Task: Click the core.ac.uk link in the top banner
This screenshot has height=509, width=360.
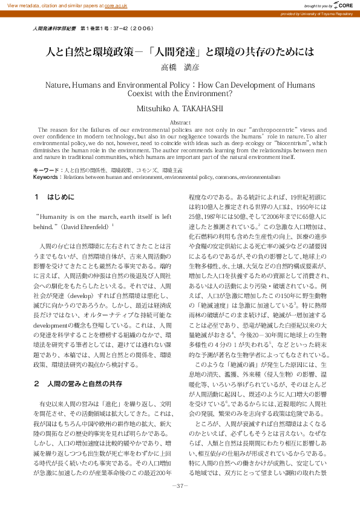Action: [116, 5]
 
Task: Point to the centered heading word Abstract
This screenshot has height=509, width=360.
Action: [180, 122]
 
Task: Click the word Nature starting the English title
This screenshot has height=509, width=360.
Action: [58, 85]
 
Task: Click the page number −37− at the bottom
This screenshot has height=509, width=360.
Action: [180, 486]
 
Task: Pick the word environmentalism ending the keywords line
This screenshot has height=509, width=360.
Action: [259, 178]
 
